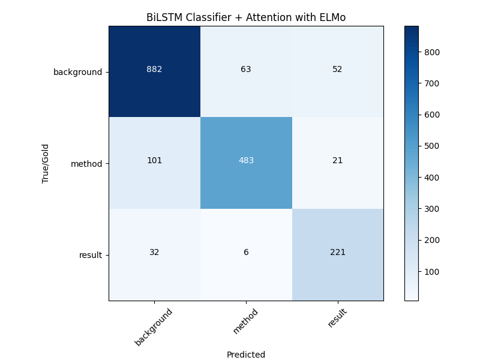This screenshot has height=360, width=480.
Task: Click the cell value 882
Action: [x=154, y=69]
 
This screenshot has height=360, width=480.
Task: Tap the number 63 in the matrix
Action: [x=246, y=69]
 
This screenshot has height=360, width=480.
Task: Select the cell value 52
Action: [x=338, y=69]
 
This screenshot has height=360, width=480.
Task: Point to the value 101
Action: [x=154, y=161]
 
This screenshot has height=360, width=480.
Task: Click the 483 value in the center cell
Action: [x=246, y=161]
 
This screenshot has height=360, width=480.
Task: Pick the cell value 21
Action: [x=338, y=161]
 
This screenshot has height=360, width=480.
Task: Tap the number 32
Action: [x=154, y=252]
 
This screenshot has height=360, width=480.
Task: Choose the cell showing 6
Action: [x=246, y=252]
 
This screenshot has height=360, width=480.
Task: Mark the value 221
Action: [x=338, y=252]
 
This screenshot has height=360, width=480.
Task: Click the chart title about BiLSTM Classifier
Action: [x=246, y=17]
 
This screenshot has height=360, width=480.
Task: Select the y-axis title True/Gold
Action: [x=45, y=163]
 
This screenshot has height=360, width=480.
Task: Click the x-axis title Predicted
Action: [x=246, y=355]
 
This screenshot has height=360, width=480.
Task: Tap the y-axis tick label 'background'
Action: [x=77, y=72]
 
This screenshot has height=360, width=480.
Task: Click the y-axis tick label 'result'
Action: [x=90, y=255]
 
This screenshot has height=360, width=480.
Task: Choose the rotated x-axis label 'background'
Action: [x=154, y=327]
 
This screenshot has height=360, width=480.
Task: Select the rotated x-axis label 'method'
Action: [x=246, y=322]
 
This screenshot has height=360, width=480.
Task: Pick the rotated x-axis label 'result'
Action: [x=338, y=318]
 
